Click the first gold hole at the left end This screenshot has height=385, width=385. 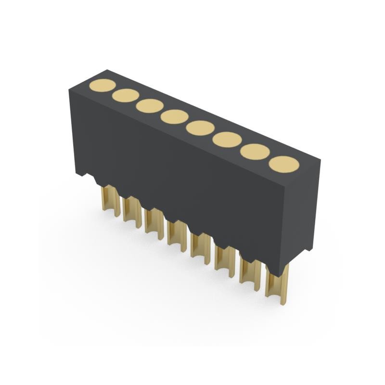click(x=102, y=86)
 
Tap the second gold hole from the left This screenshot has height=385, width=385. click(x=126, y=96)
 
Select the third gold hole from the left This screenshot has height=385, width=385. click(x=149, y=106)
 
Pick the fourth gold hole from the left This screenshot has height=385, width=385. click(x=174, y=116)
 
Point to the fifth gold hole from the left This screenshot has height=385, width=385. click(x=200, y=128)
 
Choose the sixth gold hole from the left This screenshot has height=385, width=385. click(x=227, y=140)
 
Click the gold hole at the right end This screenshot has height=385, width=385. click(x=284, y=164)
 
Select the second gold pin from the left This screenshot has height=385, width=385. click(x=131, y=210)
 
